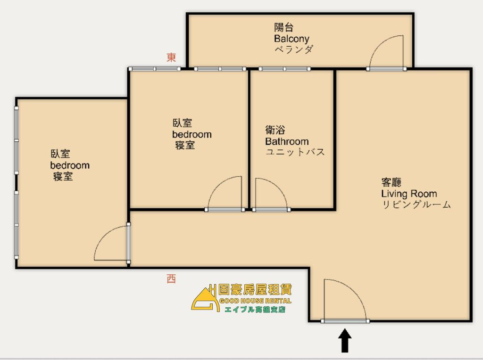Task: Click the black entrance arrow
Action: [345, 341]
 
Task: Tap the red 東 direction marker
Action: [171, 57]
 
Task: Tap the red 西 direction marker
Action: [171, 279]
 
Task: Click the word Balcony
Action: [291, 39]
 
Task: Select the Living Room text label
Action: [409, 194]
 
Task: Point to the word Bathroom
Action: [287, 141]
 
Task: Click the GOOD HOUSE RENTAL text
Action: [255, 301]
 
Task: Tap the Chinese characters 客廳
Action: [391, 182]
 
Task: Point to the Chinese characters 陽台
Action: [283, 27]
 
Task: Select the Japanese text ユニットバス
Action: [295, 152]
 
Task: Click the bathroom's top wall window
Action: [284, 69]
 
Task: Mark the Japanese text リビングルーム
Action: [416, 205]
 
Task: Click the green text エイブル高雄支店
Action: [255, 309]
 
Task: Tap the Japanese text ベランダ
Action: [294, 49]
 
